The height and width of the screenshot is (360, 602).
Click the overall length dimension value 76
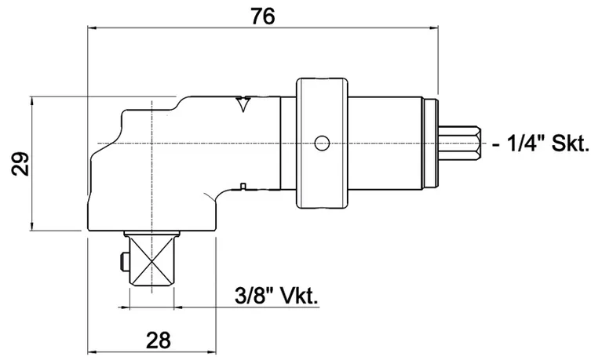(262, 16)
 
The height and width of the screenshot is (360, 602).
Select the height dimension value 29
(21, 165)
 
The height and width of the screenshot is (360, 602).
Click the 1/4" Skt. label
(547, 144)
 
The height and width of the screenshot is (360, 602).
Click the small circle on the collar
(320, 143)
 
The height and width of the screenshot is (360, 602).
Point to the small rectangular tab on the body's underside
(244, 187)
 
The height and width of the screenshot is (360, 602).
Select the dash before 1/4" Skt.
(498, 145)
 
